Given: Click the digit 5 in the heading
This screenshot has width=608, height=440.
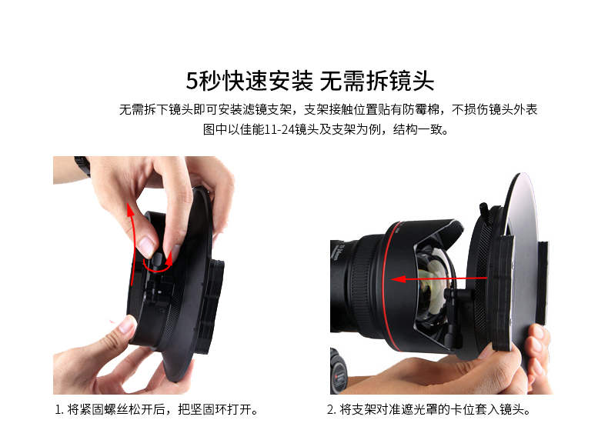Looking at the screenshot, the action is pyautogui.click(x=192, y=81).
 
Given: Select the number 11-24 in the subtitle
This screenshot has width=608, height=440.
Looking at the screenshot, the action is pyautogui.click(x=279, y=129).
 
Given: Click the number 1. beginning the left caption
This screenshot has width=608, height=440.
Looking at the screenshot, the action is pyautogui.click(x=59, y=409).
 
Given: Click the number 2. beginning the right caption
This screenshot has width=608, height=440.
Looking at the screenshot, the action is pyautogui.click(x=332, y=409).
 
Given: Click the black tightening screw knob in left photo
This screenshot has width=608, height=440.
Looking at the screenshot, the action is pyautogui.click(x=158, y=258).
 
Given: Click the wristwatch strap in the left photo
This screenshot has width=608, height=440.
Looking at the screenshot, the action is pyautogui.click(x=82, y=165).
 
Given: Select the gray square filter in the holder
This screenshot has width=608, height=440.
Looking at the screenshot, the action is pyautogui.click(x=523, y=248).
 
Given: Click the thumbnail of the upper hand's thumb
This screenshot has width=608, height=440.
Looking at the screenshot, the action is pyautogui.click(x=146, y=247).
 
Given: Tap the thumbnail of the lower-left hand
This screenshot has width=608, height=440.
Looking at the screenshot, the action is pyautogui.click(x=127, y=325).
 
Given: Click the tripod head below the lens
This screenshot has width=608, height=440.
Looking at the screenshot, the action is pyautogui.click(x=339, y=371).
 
